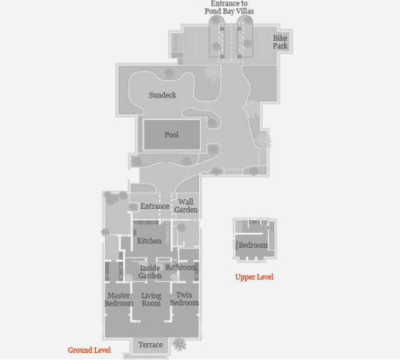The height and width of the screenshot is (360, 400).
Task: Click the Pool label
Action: (171, 134)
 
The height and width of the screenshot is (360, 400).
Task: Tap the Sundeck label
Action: (162, 95)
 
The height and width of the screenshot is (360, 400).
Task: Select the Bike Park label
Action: (280, 42)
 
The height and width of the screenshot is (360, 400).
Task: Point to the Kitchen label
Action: (150, 241)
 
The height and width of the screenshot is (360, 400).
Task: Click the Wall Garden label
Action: (186, 206)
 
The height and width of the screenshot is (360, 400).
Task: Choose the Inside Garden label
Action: (150, 272)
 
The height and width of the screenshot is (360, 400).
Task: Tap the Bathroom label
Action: (181, 267)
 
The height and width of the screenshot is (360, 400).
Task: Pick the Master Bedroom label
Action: (118, 299)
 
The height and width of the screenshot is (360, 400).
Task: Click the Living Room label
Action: (151, 299)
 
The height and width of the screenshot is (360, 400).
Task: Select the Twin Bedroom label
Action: (184, 299)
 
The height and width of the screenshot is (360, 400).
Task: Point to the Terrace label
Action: (150, 345)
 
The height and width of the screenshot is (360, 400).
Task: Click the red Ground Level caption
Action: (89, 350)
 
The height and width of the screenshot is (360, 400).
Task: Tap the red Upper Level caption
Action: (254, 277)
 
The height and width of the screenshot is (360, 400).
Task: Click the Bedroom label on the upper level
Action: (253, 245)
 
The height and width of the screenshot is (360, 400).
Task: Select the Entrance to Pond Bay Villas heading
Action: (229, 7)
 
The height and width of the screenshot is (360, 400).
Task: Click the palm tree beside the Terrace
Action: (179, 344)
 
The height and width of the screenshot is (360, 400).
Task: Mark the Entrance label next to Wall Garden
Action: (154, 206)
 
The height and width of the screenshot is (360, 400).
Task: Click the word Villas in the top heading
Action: (245, 11)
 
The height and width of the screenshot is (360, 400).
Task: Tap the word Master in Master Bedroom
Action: (118, 295)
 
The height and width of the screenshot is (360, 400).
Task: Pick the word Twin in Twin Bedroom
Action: (184, 295)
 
